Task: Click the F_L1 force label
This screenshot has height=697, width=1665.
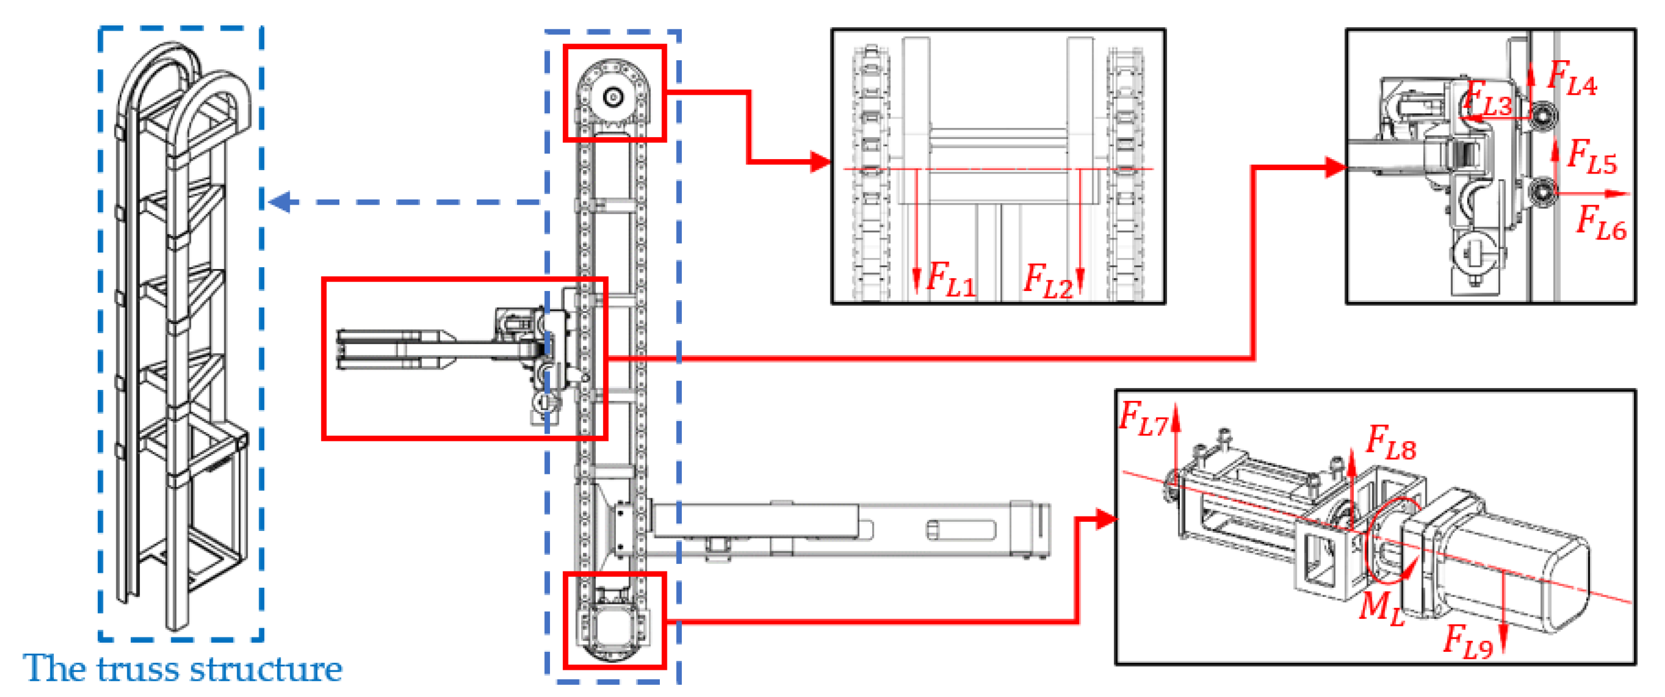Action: pyautogui.click(x=950, y=279)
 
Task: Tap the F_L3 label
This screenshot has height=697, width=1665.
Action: pyautogui.click(x=1487, y=98)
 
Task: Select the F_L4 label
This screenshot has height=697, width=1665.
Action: pyautogui.click(x=1572, y=79)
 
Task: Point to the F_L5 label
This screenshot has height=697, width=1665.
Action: pyautogui.click(x=1592, y=157)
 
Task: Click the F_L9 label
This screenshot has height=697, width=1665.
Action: pyautogui.click(x=1467, y=641)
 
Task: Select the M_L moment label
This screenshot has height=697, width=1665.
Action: pyautogui.click(x=1382, y=609)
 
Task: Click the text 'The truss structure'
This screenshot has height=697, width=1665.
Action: pyautogui.click(x=183, y=669)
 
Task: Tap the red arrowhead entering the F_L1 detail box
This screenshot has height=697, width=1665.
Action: pyautogui.click(x=821, y=161)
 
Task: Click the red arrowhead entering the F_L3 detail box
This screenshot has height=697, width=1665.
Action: pyautogui.click(x=1335, y=168)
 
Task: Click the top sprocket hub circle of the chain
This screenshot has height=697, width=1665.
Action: pyautogui.click(x=613, y=97)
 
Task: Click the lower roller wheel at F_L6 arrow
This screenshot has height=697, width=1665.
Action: pyautogui.click(x=1544, y=191)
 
